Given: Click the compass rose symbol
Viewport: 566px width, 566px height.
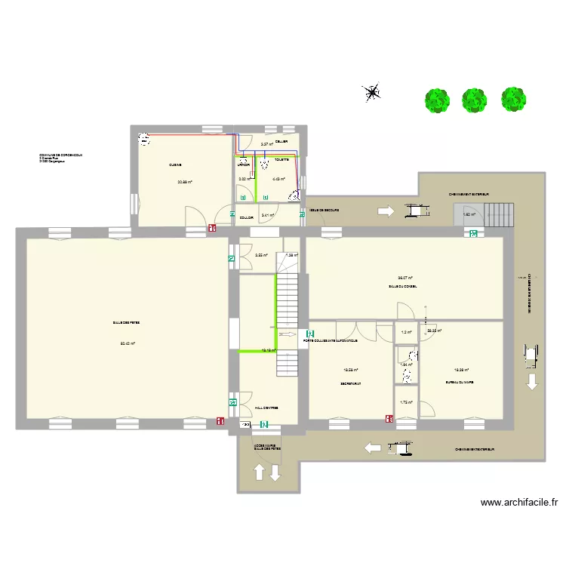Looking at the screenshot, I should click(x=372, y=93).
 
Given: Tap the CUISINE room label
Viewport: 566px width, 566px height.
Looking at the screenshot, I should click(x=176, y=165).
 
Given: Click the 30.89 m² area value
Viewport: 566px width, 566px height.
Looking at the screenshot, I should click(x=184, y=182).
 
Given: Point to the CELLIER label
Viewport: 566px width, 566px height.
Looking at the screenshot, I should click(x=281, y=141).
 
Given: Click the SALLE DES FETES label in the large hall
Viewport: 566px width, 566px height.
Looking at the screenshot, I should click(x=127, y=322).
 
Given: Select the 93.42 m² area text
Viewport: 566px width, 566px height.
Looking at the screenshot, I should click(x=128, y=343).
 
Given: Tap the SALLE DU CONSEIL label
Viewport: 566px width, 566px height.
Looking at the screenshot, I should click(x=403, y=287).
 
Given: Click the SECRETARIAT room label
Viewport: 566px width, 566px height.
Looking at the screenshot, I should click(x=351, y=383).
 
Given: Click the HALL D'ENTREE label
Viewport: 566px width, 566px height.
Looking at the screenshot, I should click(x=266, y=408).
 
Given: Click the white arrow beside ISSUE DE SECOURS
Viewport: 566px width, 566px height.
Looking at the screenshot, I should click(x=385, y=212).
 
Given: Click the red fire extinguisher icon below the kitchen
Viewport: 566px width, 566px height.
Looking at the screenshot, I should click(x=212, y=225).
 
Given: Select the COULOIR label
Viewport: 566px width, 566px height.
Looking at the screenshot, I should click(x=246, y=218).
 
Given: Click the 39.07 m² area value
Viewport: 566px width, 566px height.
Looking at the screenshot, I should click(x=405, y=278).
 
